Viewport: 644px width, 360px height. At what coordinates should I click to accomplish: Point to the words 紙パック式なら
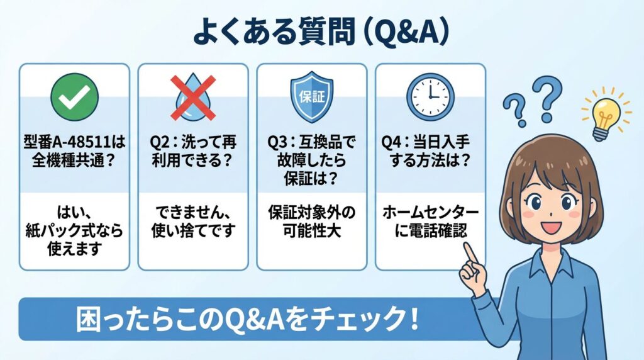click(x=74, y=231)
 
